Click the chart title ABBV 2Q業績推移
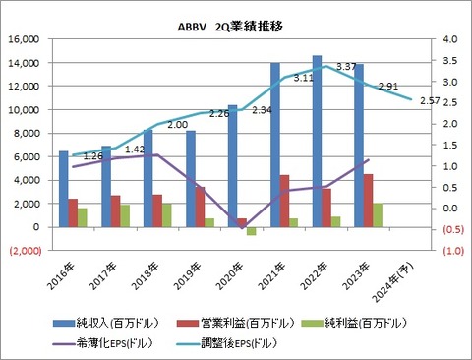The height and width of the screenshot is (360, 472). pos(235,19)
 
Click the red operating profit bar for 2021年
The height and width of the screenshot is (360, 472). pos(284,201)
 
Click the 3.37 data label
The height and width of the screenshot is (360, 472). pos(346,67)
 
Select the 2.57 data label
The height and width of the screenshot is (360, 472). pos(429,101)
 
